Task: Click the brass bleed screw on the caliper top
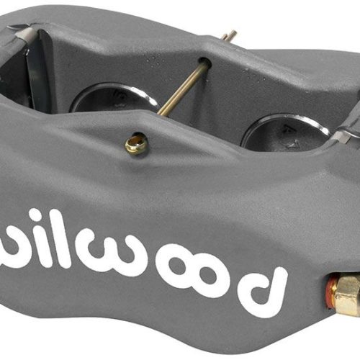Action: coord(135,145)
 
